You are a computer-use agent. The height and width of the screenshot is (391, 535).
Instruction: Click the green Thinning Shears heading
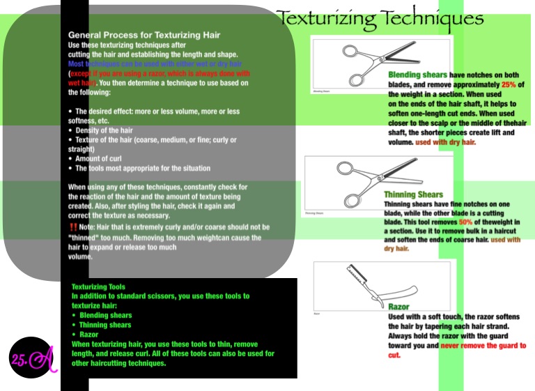413,194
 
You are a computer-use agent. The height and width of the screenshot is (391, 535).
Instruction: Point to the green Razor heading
398,307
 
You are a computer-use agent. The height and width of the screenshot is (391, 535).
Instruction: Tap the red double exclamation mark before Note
72,227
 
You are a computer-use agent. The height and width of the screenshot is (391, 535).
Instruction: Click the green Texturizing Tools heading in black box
98,286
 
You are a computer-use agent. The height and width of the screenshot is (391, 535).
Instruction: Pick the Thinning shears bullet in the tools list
104,325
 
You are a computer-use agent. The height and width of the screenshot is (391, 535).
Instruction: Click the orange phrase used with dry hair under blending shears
445,142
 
